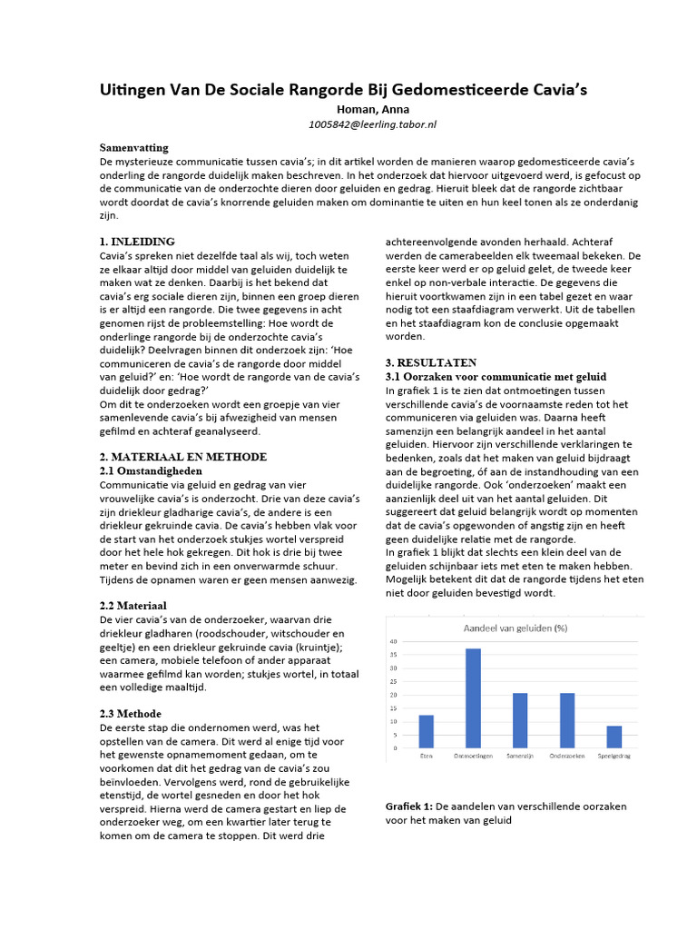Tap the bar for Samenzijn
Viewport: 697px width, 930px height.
click(x=520, y=721)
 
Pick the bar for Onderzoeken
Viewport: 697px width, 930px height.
click(x=566, y=721)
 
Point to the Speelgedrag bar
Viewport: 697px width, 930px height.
click(x=614, y=737)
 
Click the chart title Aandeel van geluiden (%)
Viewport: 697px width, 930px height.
click(x=517, y=628)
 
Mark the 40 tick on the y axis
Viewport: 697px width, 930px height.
click(x=393, y=641)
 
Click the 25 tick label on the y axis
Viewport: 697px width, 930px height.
click(x=393, y=681)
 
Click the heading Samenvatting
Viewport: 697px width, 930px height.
click(x=133, y=147)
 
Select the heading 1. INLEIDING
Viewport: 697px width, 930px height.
click(x=137, y=242)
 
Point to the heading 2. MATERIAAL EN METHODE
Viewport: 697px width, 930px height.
click(x=182, y=456)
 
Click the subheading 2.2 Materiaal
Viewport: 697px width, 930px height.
click(x=133, y=605)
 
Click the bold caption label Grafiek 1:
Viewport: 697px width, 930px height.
click(x=409, y=806)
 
